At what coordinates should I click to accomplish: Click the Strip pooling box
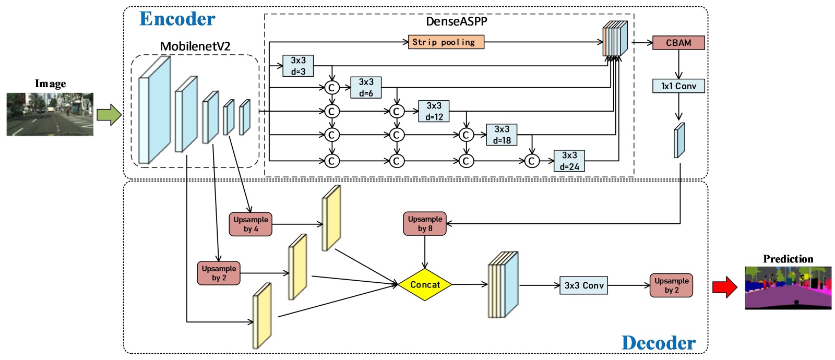[446, 42]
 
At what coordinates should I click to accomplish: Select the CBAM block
[678, 43]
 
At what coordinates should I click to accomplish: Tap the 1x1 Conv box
[678, 86]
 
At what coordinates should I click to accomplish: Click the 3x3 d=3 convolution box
[298, 66]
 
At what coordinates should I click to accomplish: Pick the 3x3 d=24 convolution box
[569, 161]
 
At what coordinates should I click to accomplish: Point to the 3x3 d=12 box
[434, 111]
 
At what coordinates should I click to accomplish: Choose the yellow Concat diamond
[425, 285]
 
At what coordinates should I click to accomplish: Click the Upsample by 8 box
[425, 224]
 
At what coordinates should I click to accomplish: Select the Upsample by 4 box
[250, 224]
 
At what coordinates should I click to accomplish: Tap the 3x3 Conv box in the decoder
[583, 285]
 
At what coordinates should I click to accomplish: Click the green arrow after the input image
[109, 114]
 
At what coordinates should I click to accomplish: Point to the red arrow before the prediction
[724, 286]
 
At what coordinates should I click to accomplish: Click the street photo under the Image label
[50, 114]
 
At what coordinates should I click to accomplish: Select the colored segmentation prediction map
[788, 287]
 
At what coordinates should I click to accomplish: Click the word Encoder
[177, 19]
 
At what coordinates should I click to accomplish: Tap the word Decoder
[659, 343]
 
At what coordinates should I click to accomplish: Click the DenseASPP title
[457, 21]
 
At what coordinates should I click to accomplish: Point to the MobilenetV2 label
[195, 46]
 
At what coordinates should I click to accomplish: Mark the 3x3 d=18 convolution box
[502, 135]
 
